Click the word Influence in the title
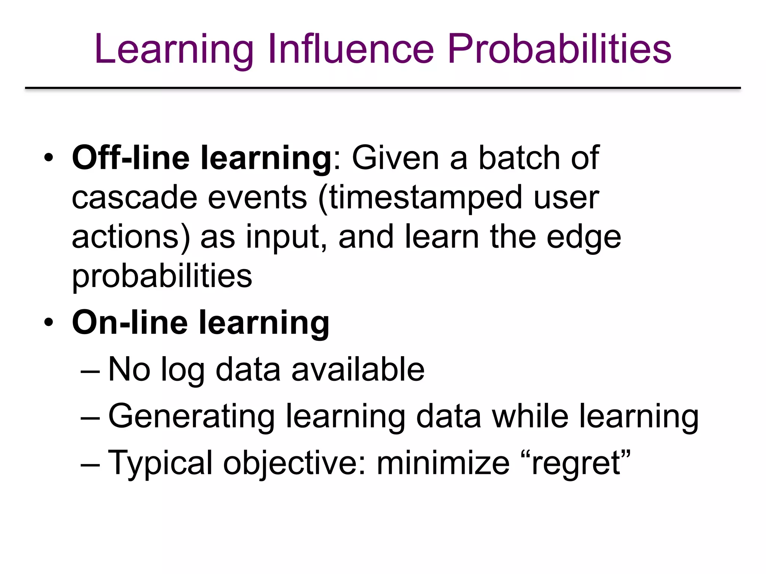(x=350, y=49)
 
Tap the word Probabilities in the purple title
(x=559, y=49)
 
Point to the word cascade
(x=134, y=198)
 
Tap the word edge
(x=583, y=238)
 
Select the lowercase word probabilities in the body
(x=162, y=277)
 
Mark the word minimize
(x=443, y=463)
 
